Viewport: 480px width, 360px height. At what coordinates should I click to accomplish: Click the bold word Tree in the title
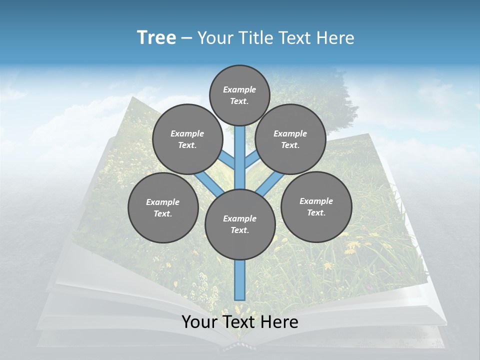tap(156, 38)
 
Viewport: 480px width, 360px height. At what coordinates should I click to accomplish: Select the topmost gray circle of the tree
tap(239, 95)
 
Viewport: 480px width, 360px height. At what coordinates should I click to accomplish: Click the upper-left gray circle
tap(187, 139)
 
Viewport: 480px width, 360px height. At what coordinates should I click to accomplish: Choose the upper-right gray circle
tap(290, 139)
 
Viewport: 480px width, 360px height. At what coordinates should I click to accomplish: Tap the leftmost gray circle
tap(163, 207)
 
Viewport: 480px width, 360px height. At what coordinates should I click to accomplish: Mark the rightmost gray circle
tap(316, 206)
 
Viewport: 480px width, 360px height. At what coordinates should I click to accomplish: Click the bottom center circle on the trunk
tap(240, 224)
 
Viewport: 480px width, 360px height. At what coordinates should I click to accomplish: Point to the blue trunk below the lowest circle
tap(240, 280)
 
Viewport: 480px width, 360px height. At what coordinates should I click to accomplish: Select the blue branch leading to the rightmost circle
tap(270, 183)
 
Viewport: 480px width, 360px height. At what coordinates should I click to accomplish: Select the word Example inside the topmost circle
tap(239, 89)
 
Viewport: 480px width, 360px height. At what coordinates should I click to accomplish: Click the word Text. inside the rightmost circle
tap(316, 212)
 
